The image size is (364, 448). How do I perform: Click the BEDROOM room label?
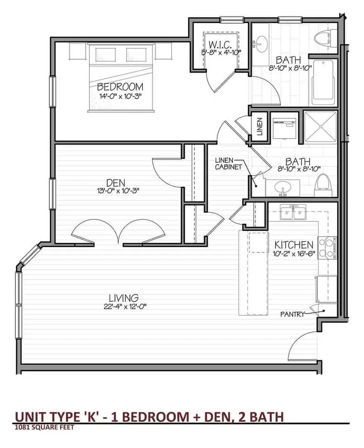pyautogui.click(x=120, y=87)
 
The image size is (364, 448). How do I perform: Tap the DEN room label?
pyautogui.click(x=116, y=182)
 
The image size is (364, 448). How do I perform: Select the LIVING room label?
pyautogui.click(x=124, y=298)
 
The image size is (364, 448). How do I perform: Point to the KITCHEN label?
pyautogui.click(x=294, y=245)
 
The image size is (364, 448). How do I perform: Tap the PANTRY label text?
pyautogui.click(x=292, y=314)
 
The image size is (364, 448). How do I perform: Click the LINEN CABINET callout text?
pyautogui.click(x=228, y=164)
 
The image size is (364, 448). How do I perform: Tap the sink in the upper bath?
pyautogui.click(x=260, y=44)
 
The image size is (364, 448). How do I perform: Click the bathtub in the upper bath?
pyautogui.click(x=323, y=83)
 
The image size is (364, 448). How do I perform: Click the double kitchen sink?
pyautogui.click(x=293, y=212)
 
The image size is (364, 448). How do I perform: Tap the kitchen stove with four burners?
pyautogui.click(x=328, y=248)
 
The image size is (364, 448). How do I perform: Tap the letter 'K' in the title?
pyautogui.click(x=95, y=417)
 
